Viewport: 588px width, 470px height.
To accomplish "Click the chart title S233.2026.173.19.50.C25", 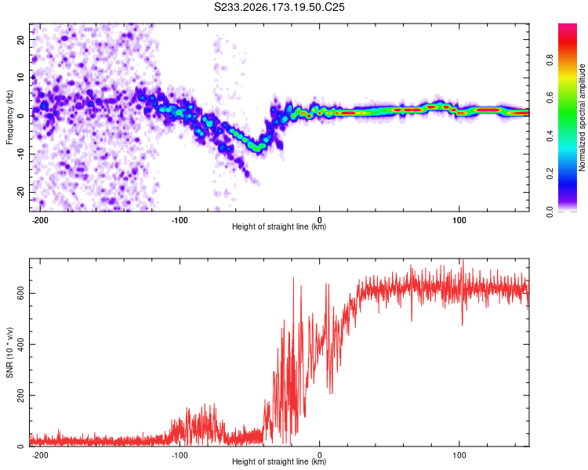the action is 279,7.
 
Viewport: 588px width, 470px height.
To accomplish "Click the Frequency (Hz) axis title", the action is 9,117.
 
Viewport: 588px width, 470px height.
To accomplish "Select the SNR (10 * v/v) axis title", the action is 9,352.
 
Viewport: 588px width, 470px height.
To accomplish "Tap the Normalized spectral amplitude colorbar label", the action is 582,117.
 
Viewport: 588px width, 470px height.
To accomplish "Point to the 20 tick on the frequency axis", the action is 20,39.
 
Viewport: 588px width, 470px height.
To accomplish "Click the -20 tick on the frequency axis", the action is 20,192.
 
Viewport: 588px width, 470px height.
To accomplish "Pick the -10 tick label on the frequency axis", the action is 20,154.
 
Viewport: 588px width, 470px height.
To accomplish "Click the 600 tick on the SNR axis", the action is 20,293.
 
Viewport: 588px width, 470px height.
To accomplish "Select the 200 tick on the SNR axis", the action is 20,395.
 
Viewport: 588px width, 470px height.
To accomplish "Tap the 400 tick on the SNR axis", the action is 20,344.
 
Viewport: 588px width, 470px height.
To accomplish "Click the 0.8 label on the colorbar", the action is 550,60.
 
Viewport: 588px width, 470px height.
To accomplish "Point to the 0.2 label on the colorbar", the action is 550,174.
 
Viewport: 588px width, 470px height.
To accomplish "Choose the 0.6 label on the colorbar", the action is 550,98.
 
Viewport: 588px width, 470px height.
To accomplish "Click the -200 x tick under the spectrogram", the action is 39,220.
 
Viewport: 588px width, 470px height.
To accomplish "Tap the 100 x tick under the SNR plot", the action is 459,455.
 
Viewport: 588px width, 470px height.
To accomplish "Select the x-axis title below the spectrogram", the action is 279,226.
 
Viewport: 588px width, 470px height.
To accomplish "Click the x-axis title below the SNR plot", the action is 279,461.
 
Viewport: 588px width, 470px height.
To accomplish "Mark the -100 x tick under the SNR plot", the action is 180,455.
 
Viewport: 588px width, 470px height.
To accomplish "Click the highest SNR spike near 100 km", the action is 463,261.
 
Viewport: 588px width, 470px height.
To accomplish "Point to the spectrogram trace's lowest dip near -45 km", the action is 257,148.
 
